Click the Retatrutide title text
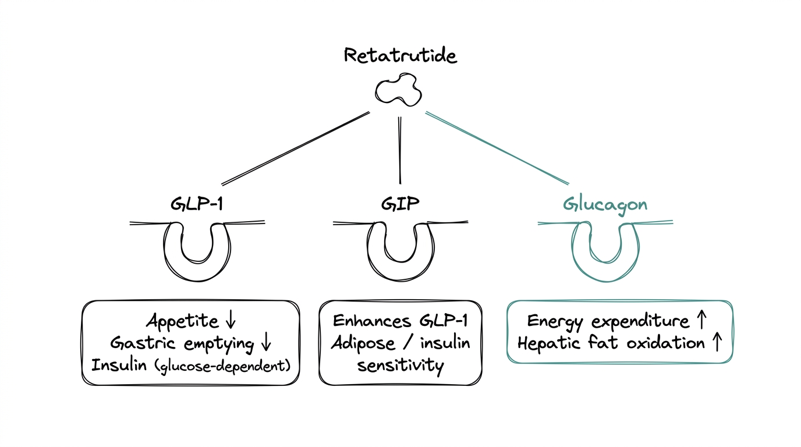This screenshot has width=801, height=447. [400, 56]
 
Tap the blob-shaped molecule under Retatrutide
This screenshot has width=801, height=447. [399, 90]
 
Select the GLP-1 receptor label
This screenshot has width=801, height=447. [197, 204]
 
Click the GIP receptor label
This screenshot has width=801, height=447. [400, 204]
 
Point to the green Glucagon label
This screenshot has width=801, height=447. [605, 205]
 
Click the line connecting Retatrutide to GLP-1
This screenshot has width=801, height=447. [296, 148]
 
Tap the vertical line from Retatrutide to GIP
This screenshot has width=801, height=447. [400, 150]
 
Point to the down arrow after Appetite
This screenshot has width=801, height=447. [229, 321]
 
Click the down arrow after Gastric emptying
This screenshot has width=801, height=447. [266, 343]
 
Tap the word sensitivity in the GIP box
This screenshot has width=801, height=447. [400, 366]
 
